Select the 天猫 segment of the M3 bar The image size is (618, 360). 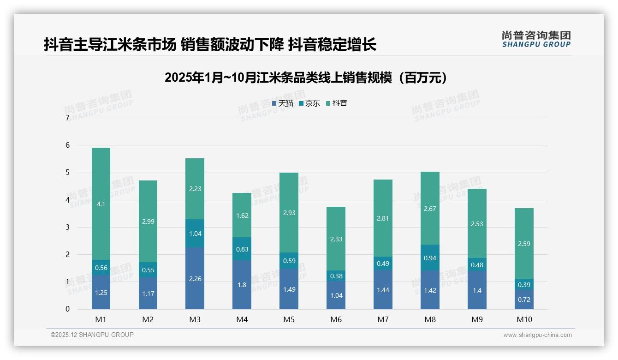tap(195, 278)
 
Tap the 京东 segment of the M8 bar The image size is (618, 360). tap(430, 258)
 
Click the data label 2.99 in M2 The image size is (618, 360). tap(148, 222)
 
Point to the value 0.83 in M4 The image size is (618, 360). tap(242, 249)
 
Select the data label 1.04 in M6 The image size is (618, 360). tap(336, 295)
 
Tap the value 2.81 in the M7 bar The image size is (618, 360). tap(383, 218)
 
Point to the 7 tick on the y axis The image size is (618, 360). tap(67, 118)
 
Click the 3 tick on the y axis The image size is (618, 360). tap(67, 227)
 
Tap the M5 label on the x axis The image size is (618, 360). tap(289, 319)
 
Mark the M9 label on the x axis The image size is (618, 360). tap(477, 319)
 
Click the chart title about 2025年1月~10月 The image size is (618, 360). tap(306, 78)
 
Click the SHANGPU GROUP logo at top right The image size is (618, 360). tap(536, 39)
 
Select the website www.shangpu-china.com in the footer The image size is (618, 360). tap(537, 335)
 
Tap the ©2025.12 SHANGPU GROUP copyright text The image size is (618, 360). tap(92, 335)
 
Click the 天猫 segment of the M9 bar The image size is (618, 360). tap(477, 290)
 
